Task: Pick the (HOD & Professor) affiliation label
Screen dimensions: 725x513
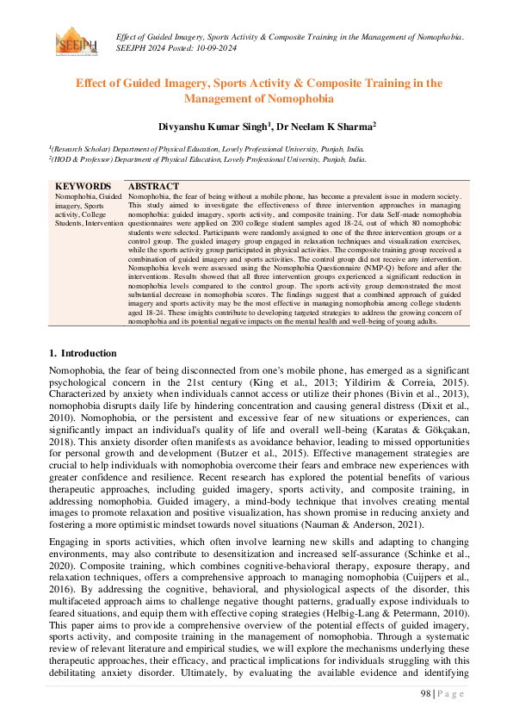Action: (x=84, y=159)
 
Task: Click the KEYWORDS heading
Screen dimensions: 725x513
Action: (x=83, y=186)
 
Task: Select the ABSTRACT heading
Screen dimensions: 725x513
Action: (x=153, y=186)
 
